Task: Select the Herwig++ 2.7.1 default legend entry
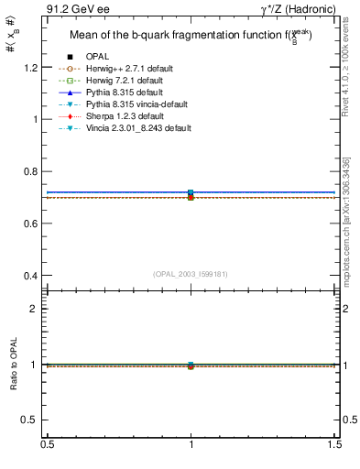point(129,70)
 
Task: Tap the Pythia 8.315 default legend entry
point(125,93)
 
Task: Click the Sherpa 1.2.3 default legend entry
point(125,117)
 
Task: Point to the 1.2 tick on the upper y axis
point(29,67)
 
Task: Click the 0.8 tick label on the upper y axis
point(29,171)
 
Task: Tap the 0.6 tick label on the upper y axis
point(29,224)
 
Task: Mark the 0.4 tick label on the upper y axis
point(29,276)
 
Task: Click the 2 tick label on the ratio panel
point(34,309)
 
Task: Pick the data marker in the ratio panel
point(191,365)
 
